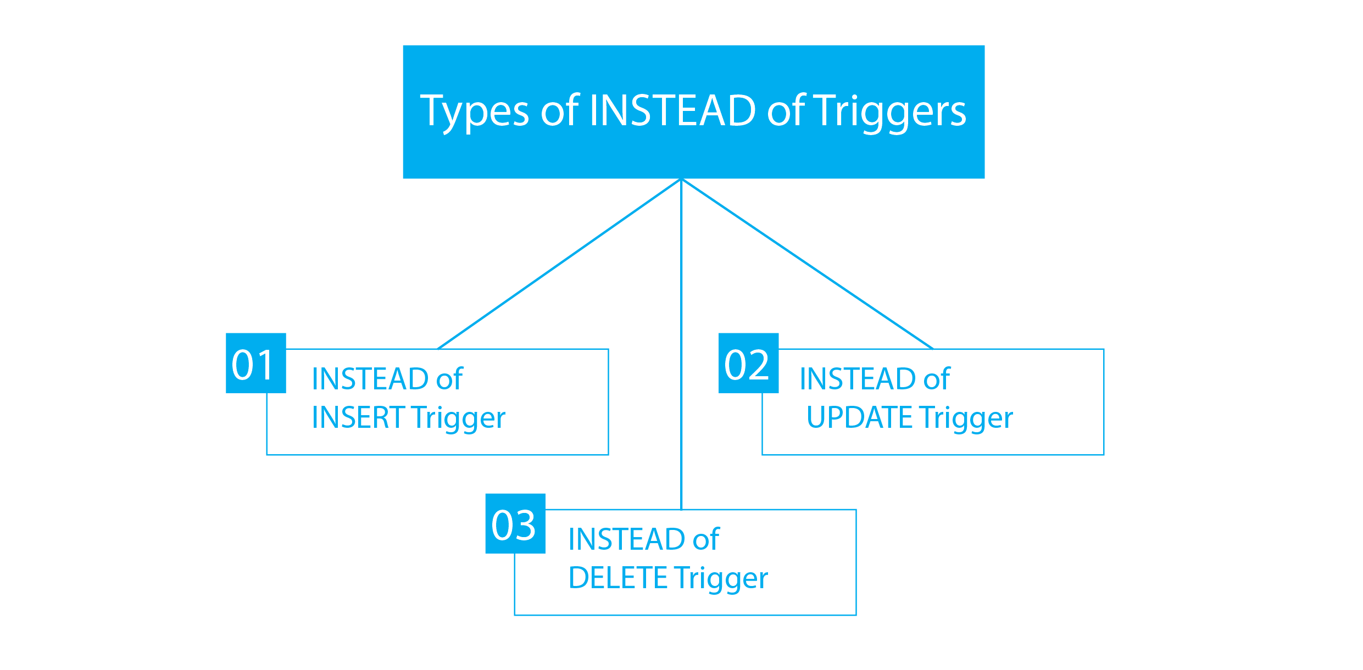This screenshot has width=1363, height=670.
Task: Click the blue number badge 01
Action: (255, 363)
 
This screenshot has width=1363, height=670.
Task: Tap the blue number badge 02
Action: (748, 363)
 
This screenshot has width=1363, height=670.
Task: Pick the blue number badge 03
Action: (515, 523)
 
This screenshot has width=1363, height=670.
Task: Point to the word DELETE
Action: (618, 578)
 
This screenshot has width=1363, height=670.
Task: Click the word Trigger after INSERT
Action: (458, 419)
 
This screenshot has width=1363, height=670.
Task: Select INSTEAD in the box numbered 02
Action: (858, 379)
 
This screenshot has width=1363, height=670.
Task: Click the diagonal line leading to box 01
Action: (559, 264)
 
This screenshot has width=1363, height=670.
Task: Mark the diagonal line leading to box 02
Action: (808, 264)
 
